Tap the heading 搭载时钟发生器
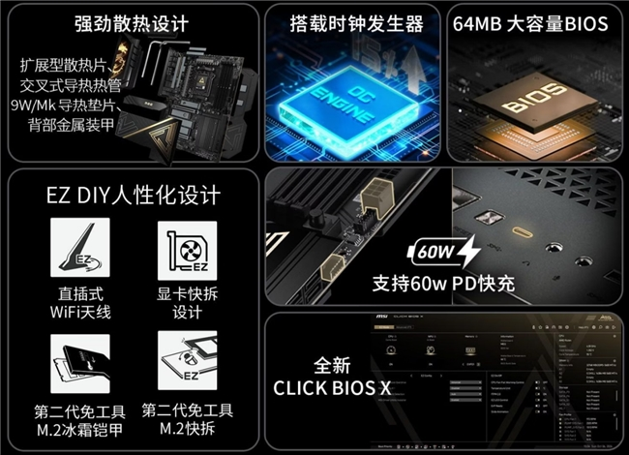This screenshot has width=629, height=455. [x=356, y=23]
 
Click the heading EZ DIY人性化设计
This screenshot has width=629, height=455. [x=134, y=196]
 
